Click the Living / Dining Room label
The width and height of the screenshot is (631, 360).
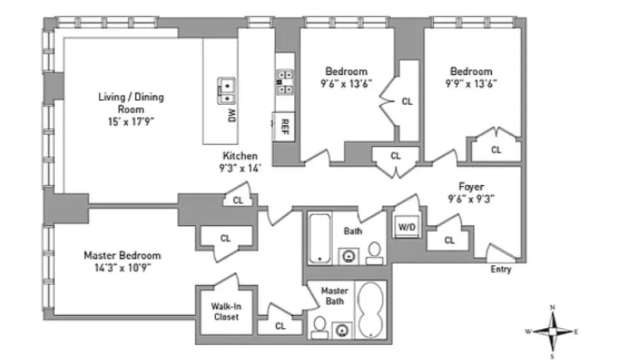131,103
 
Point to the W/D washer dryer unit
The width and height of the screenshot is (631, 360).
407,227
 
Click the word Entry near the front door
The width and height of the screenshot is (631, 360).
500,269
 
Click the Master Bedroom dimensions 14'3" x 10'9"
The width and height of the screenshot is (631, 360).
122,267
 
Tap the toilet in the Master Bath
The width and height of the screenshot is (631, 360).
319,327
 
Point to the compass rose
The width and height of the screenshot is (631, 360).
552,331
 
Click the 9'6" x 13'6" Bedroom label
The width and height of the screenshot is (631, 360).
346,76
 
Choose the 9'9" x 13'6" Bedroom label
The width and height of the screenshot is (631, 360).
471,76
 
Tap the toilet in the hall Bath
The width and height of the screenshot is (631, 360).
374,251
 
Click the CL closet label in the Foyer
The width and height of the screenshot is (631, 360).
449,240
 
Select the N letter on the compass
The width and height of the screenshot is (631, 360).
552,308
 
